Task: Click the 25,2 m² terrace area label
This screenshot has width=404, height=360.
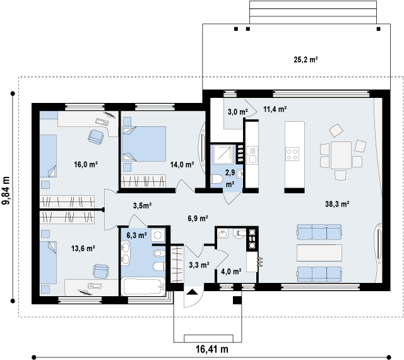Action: [x=306, y=60]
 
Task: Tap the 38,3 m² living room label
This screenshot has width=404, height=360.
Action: [x=337, y=204]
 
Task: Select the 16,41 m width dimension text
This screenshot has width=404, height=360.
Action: [x=212, y=349]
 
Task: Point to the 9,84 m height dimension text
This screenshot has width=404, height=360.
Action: [x=6, y=191]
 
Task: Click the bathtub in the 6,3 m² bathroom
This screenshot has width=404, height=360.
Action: [x=144, y=287]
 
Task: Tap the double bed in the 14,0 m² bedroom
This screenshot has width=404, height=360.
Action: [x=144, y=144]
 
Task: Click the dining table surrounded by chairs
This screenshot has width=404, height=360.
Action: [x=341, y=155]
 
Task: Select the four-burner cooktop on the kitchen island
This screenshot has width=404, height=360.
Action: [x=292, y=154]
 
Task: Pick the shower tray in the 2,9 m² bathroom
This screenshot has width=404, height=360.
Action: [x=223, y=155]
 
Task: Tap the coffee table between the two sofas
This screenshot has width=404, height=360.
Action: [x=319, y=253]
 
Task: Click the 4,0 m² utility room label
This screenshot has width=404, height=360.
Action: [x=231, y=272]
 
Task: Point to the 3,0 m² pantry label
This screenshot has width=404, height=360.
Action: [x=238, y=112]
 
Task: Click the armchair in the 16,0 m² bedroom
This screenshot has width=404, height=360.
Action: [x=96, y=136]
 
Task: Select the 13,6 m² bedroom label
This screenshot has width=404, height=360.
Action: [x=83, y=249]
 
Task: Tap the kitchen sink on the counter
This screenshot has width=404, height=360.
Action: [x=252, y=155]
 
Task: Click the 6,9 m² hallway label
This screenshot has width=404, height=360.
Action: [x=198, y=219]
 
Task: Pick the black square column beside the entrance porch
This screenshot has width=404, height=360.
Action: [x=237, y=300]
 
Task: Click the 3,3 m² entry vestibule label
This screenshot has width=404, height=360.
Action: [x=199, y=265]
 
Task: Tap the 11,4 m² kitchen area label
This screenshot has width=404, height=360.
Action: [x=275, y=109]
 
